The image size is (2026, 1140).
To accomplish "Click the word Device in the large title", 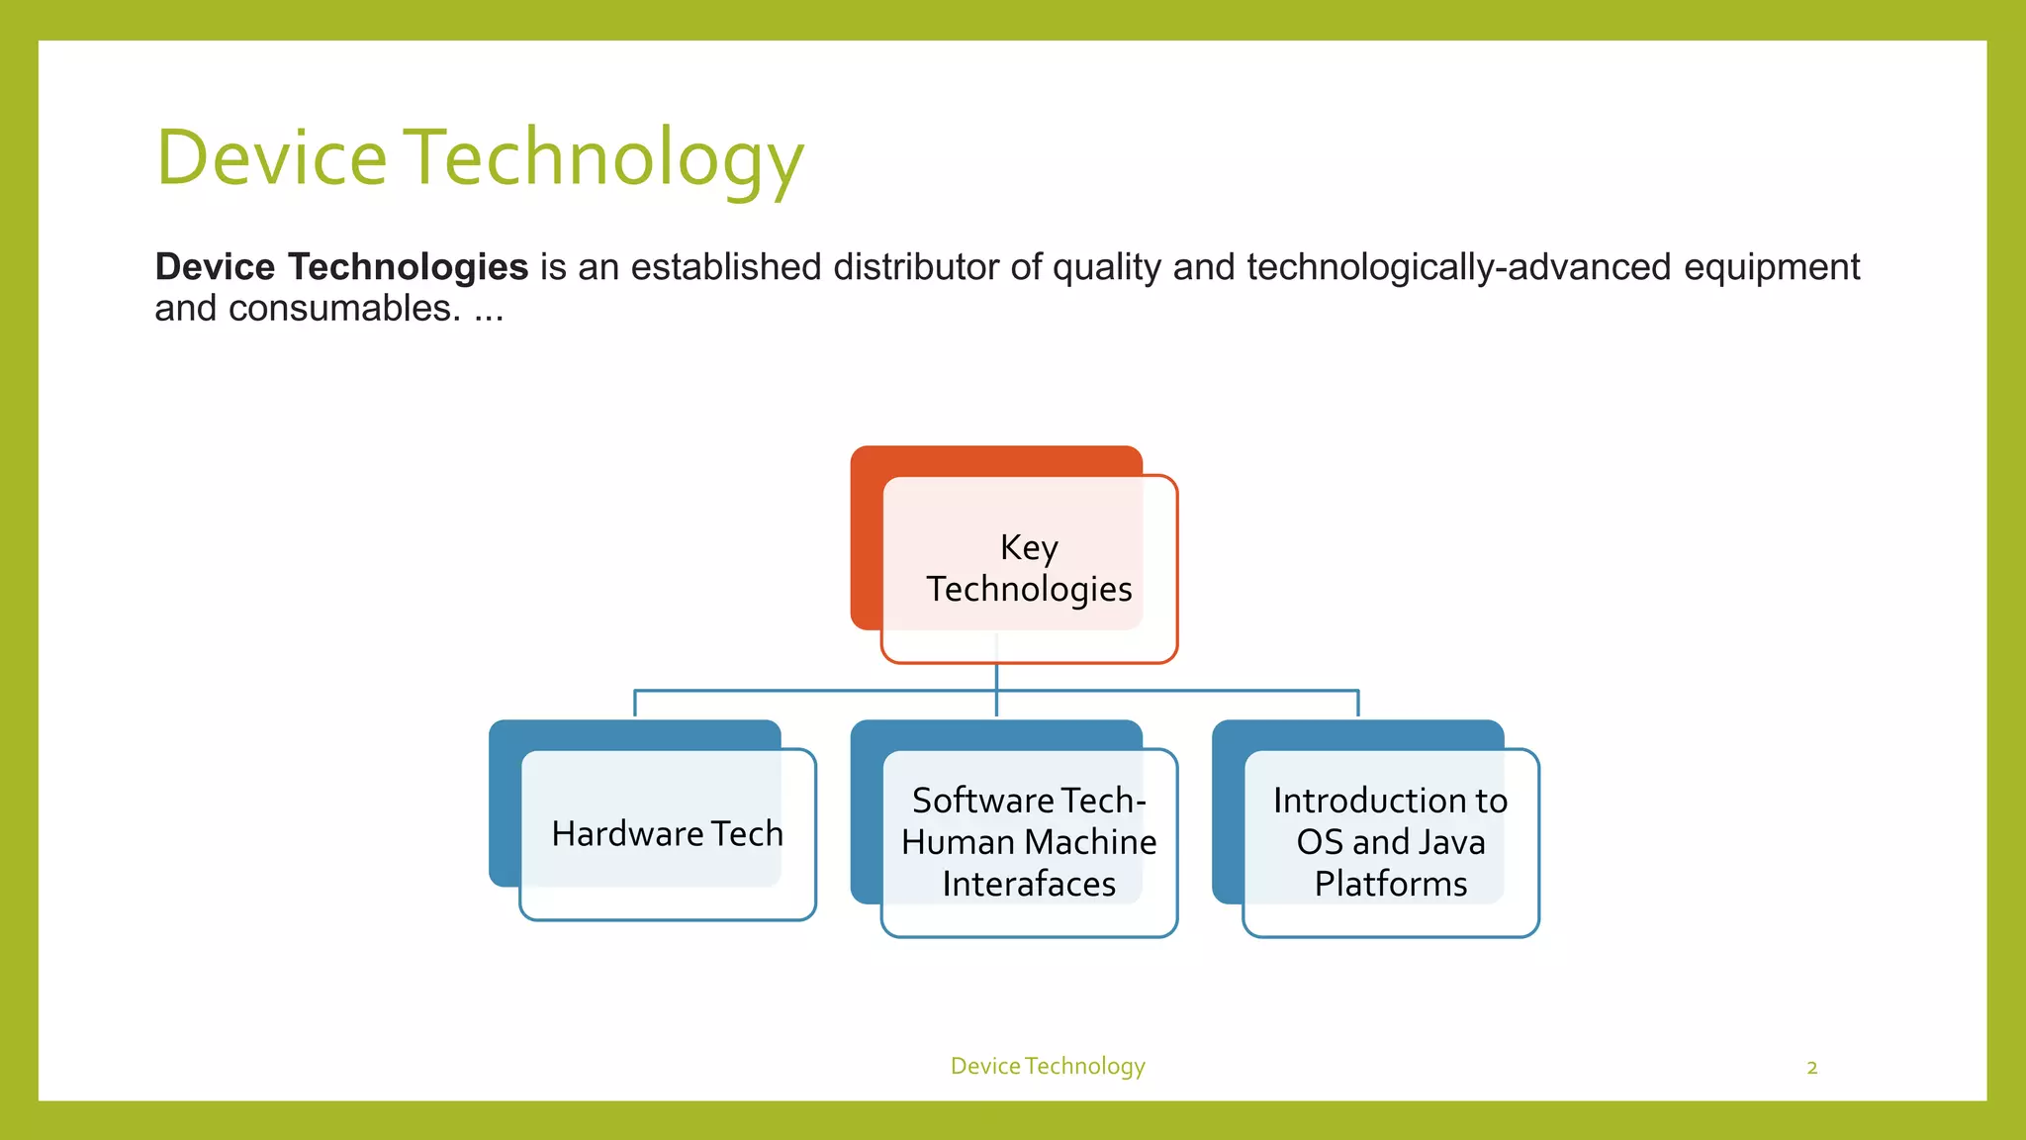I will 272,158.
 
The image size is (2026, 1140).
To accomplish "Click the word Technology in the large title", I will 604,158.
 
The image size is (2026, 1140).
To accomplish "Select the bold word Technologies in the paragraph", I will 408,267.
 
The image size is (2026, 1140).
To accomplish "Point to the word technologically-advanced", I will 1458,267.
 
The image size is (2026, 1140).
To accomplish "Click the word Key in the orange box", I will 1029,547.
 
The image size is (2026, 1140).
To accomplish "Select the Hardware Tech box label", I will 667,834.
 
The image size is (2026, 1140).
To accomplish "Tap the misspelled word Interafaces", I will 1029,884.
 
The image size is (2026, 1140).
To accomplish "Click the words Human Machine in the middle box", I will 1029,842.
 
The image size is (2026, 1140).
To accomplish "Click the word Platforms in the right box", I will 1390,884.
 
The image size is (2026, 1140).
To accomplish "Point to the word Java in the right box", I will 1451,842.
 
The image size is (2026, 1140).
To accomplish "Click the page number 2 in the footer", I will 1811,1068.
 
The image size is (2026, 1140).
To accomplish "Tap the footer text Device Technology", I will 1048,1066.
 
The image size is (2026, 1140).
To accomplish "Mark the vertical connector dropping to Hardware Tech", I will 634,704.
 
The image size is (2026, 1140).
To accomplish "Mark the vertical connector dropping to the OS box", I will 1357,704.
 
